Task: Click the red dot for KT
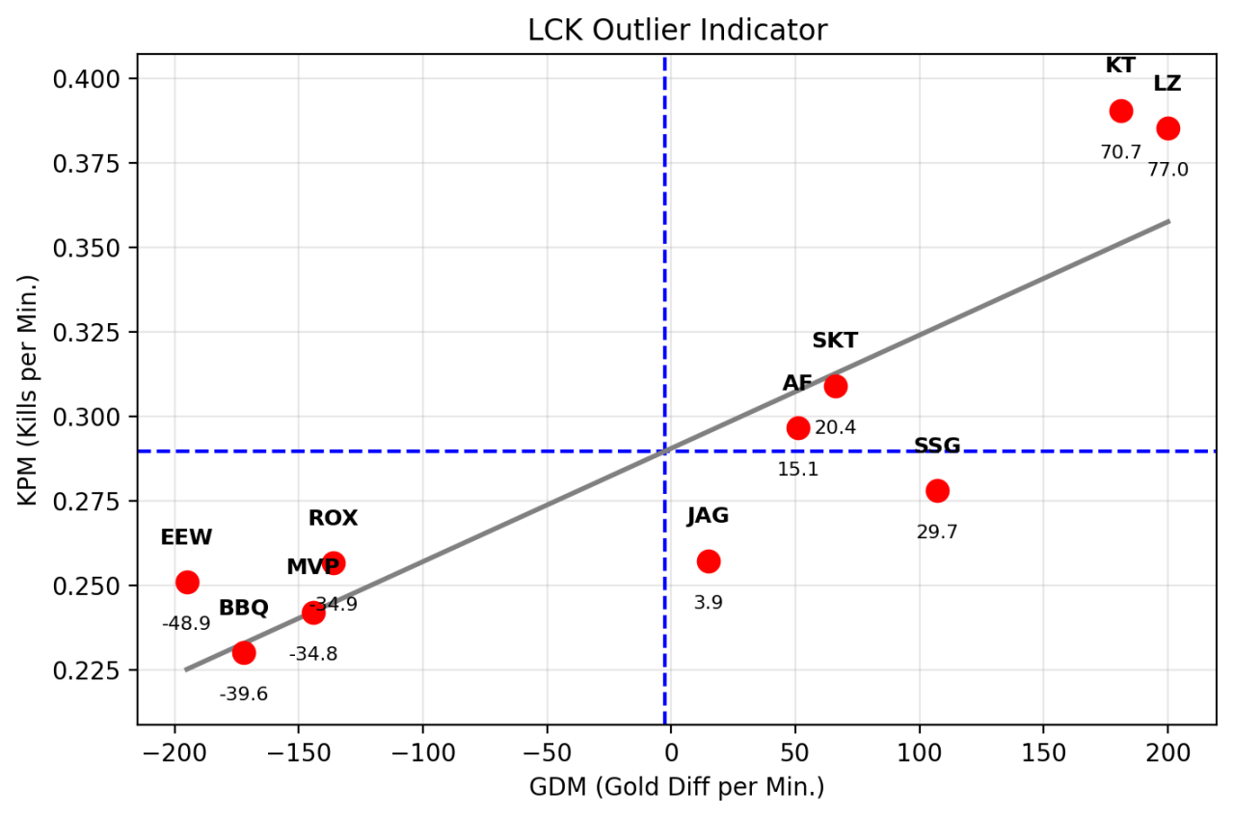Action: click(1120, 111)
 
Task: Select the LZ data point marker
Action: click(1167, 128)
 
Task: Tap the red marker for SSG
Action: click(937, 490)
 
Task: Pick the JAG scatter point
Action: click(709, 561)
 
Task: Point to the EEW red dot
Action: click(187, 582)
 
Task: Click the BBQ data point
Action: click(244, 652)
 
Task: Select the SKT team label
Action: click(835, 341)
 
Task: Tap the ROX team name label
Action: click(333, 518)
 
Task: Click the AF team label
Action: click(797, 383)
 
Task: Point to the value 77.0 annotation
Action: click(1167, 170)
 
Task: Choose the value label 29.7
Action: click(937, 532)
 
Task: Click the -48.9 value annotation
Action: click(186, 623)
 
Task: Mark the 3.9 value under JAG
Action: click(709, 603)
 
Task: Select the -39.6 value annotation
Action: click(244, 694)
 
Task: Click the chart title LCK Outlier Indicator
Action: click(677, 31)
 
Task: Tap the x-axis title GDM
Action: click(677, 787)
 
